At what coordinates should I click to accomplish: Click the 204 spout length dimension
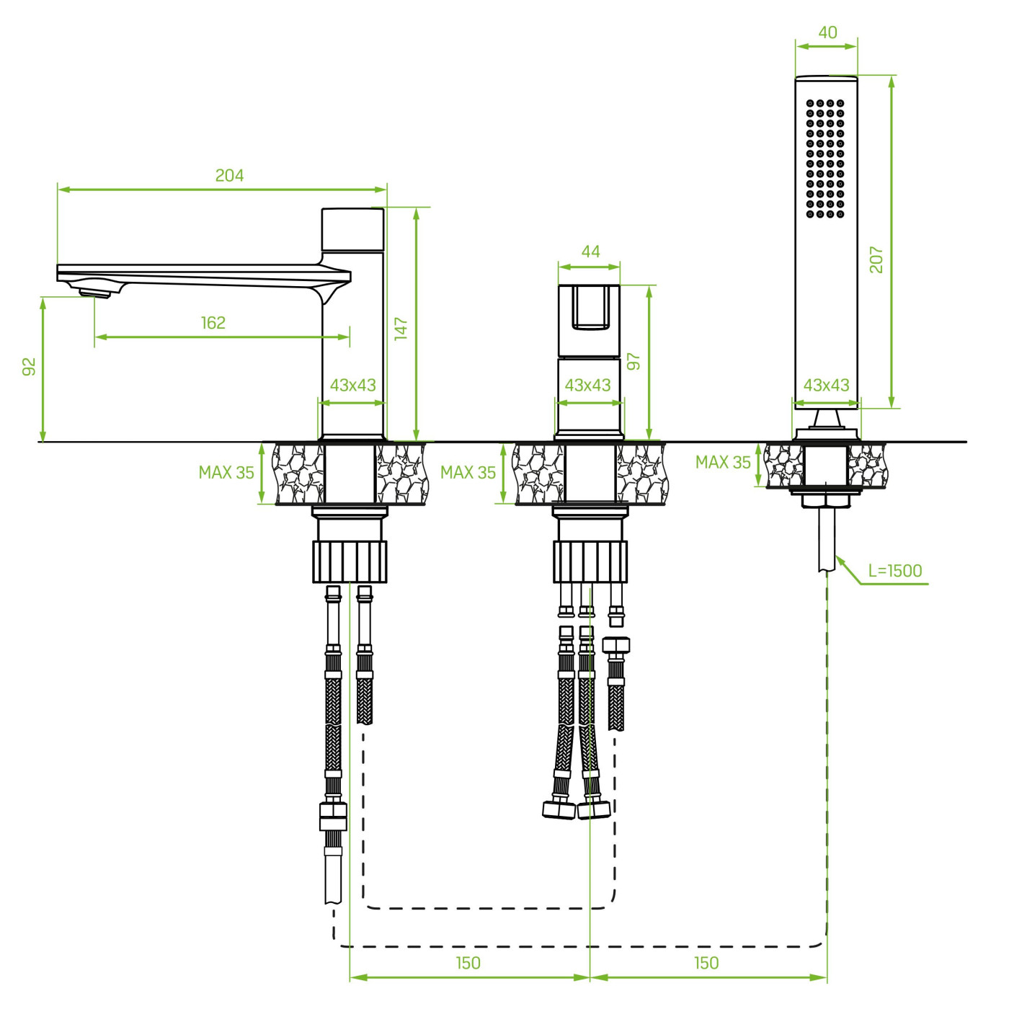tap(229, 175)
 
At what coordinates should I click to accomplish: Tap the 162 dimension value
tap(213, 323)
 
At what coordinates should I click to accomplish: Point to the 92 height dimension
tap(30, 367)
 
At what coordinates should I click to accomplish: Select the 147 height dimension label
tap(401, 329)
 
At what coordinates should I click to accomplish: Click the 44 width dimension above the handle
tap(591, 252)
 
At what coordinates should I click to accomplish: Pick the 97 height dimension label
tap(634, 361)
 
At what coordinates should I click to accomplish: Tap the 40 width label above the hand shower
tap(828, 32)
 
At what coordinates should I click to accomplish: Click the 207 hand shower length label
tap(876, 259)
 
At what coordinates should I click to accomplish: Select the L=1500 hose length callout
tap(895, 571)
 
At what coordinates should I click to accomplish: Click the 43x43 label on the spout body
tap(353, 386)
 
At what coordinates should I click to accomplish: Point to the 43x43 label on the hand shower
tap(826, 386)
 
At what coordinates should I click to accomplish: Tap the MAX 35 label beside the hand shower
tap(723, 463)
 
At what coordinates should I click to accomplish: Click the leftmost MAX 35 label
tap(226, 473)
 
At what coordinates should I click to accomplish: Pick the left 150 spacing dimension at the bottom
tap(468, 963)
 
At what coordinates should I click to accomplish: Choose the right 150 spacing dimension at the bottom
tap(706, 963)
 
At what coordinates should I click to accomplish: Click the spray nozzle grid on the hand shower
tap(825, 158)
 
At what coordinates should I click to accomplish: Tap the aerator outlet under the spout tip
tap(94, 293)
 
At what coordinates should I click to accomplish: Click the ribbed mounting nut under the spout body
tap(350, 562)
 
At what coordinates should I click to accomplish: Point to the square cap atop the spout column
tap(352, 229)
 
